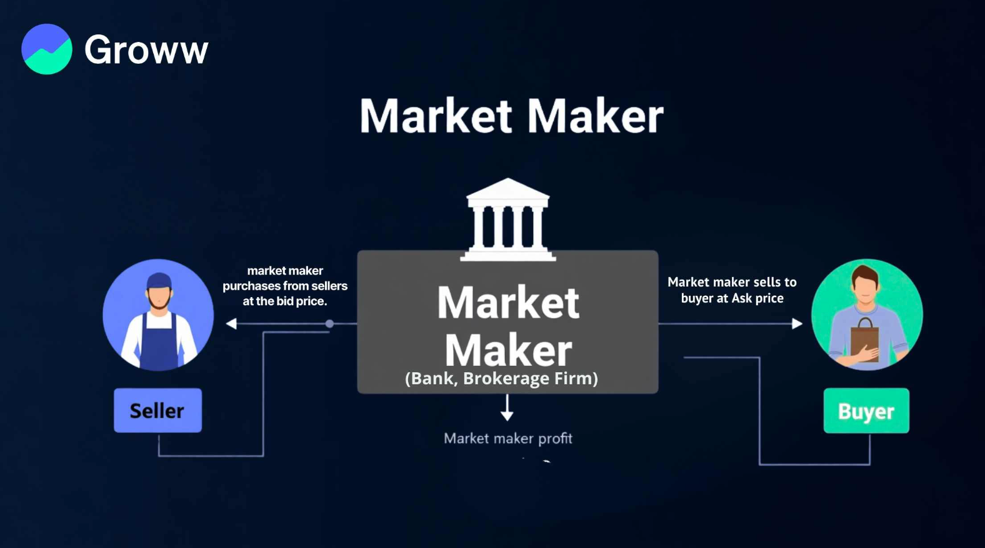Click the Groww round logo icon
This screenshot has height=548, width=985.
pyautogui.click(x=47, y=49)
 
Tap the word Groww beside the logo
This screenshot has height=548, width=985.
pyautogui.click(x=146, y=50)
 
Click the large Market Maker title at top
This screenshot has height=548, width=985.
pyautogui.click(x=511, y=116)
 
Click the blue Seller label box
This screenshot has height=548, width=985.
pyautogui.click(x=157, y=410)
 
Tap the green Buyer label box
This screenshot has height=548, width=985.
pyautogui.click(x=866, y=411)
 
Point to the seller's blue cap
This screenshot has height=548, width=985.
pyautogui.click(x=159, y=280)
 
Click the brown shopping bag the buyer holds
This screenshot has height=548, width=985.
pyautogui.click(x=865, y=340)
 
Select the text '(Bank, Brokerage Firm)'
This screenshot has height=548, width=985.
pyautogui.click(x=501, y=378)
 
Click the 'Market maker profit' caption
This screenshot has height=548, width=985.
pyautogui.click(x=507, y=439)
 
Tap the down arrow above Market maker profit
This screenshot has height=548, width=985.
pyautogui.click(x=507, y=408)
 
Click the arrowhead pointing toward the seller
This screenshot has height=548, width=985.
pyautogui.click(x=231, y=323)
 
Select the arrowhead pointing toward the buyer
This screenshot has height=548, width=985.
pyautogui.click(x=797, y=323)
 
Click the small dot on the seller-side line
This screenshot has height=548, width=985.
pyautogui.click(x=329, y=323)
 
